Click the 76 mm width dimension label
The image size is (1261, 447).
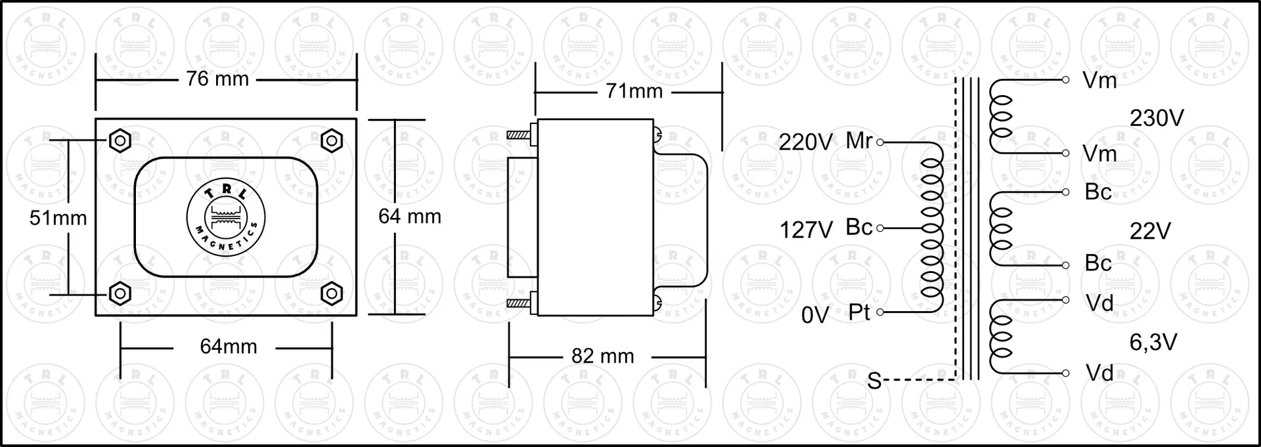[x=217, y=79]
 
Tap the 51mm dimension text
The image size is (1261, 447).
[x=58, y=218]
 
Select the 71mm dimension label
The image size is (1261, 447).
[x=634, y=91]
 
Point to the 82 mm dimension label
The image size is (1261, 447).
[x=603, y=356]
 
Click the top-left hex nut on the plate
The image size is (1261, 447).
[x=120, y=140]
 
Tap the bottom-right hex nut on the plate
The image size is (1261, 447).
[x=332, y=293]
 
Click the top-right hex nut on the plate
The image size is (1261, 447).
[x=332, y=140]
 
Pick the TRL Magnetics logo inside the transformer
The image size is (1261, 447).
[x=226, y=217]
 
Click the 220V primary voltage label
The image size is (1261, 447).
[x=806, y=142]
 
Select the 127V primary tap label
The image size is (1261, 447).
[x=806, y=230]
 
